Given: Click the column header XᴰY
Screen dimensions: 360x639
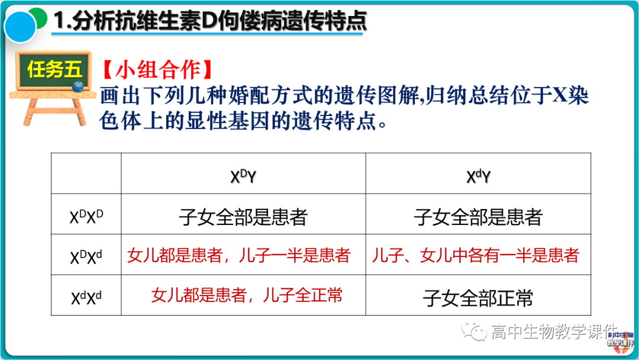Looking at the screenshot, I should [x=243, y=176].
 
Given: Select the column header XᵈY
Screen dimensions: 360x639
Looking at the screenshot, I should [x=478, y=176].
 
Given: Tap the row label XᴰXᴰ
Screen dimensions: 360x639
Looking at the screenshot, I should [x=86, y=216].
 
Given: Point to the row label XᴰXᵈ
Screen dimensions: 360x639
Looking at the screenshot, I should [x=86, y=256].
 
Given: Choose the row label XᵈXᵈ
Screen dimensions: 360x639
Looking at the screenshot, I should [x=86, y=297].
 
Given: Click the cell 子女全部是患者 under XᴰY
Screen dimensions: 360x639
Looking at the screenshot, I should [x=243, y=217].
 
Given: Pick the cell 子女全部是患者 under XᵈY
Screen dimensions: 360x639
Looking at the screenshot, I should [x=478, y=217].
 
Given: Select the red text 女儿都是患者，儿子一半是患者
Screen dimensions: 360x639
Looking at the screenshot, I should [x=238, y=256].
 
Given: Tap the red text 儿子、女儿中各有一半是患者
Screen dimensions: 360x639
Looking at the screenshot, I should [x=475, y=256].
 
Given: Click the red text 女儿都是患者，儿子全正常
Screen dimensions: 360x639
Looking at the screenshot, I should [x=247, y=295].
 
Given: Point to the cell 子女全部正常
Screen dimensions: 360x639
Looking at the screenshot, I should [x=478, y=297].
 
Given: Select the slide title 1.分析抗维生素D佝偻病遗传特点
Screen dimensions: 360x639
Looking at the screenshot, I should [x=210, y=21].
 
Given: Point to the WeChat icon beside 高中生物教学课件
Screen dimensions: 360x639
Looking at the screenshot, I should [x=475, y=331].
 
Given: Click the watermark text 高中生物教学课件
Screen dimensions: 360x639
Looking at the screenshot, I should [x=553, y=332].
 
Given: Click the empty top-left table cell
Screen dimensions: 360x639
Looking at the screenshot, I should [x=86, y=173].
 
